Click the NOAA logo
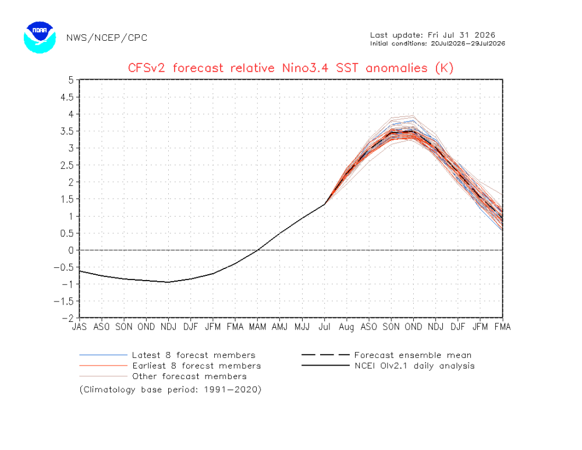pyautogui.click(x=40, y=37)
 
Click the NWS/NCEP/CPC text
pyautogui.click(x=107, y=38)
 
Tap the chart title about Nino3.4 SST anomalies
pyautogui.click(x=290, y=68)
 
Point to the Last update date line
pyautogui.click(x=432, y=36)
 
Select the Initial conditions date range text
pyautogui.click(x=438, y=44)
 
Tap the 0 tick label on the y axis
pyautogui.click(x=71, y=250)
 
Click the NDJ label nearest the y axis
pyautogui.click(x=168, y=327)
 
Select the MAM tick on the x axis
pyautogui.click(x=257, y=327)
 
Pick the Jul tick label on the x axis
pyautogui.click(x=324, y=327)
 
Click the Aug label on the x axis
pyautogui.click(x=346, y=327)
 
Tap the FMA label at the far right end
pyautogui.click(x=503, y=327)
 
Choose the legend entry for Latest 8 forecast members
pyautogui.click(x=168, y=355)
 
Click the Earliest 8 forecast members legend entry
pyautogui.click(x=170, y=366)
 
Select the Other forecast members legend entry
pyautogui.click(x=163, y=377)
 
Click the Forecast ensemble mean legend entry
pyautogui.click(x=386, y=355)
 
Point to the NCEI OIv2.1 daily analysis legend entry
pyautogui.click(x=388, y=366)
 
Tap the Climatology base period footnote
pyautogui.click(x=171, y=389)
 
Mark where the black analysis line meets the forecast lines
pyautogui.click(x=325, y=204)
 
